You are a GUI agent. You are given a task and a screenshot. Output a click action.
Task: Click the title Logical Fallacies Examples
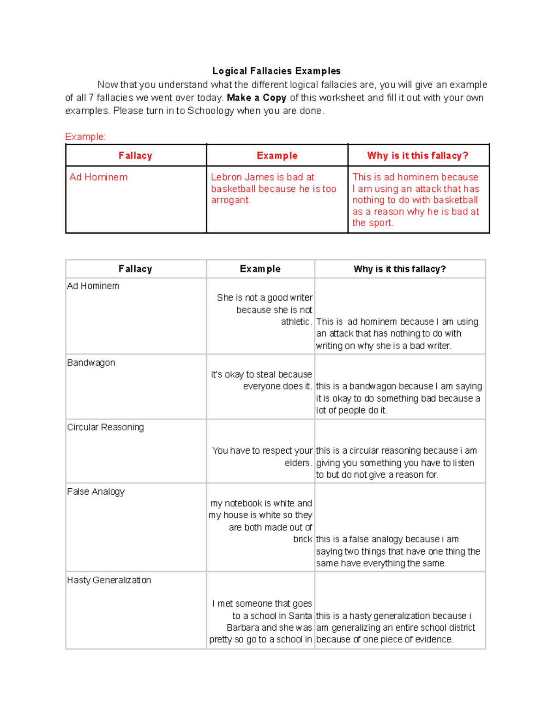(x=276, y=71)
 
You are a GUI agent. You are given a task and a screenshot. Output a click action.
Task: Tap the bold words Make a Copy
(x=256, y=98)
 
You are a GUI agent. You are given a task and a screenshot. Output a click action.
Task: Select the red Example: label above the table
(x=85, y=136)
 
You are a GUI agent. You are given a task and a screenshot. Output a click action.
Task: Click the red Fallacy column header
(x=135, y=156)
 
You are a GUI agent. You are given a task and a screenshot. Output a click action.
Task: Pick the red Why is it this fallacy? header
(x=417, y=156)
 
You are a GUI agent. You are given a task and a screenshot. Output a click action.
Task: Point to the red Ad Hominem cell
(x=98, y=177)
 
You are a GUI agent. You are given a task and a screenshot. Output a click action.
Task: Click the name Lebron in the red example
(x=226, y=177)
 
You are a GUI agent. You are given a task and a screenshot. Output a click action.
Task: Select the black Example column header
(x=260, y=269)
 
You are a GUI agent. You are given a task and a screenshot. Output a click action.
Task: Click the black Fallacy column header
(x=135, y=269)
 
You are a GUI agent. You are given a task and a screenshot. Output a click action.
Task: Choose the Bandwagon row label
(x=91, y=363)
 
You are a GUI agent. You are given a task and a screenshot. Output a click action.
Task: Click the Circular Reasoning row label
(x=105, y=427)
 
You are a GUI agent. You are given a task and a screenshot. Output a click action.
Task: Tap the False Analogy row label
(x=96, y=492)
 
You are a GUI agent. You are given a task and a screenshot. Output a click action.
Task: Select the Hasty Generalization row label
(x=109, y=580)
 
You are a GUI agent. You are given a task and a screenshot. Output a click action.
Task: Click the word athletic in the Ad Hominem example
(x=295, y=322)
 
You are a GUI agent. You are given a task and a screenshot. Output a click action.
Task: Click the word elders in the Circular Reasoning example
(x=297, y=463)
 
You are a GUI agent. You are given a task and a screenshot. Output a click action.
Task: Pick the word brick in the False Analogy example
(x=302, y=539)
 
